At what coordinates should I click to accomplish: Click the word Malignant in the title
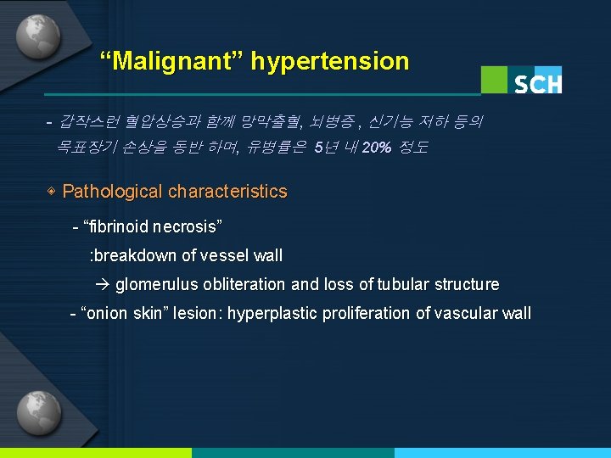tap(171, 61)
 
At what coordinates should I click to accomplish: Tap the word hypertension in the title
tap(329, 61)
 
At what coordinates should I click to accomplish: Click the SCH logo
tap(537, 82)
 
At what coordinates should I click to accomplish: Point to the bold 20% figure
tap(376, 148)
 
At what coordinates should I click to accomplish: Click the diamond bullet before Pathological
tap(52, 192)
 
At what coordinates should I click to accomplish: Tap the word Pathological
tap(113, 192)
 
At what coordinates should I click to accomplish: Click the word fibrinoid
tap(118, 226)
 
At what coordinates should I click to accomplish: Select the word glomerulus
tap(154, 284)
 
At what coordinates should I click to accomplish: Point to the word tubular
tap(401, 284)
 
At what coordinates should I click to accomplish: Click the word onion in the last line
tap(105, 313)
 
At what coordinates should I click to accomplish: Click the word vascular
tap(466, 313)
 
